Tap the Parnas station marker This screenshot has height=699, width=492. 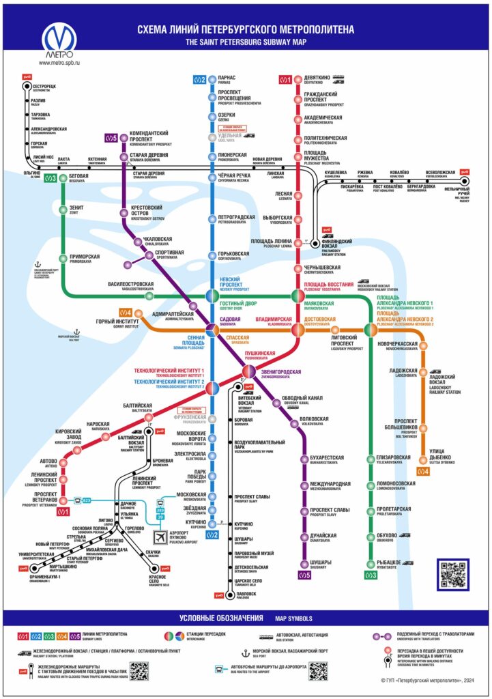(x=212, y=80)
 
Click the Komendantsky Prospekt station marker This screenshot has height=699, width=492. (x=124, y=136)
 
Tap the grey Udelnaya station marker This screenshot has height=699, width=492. (x=212, y=137)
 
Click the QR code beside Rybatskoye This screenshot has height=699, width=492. (x=453, y=575)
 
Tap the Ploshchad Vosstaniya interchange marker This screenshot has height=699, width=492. (x=298, y=296)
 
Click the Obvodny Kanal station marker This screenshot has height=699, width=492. (x=276, y=402)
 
